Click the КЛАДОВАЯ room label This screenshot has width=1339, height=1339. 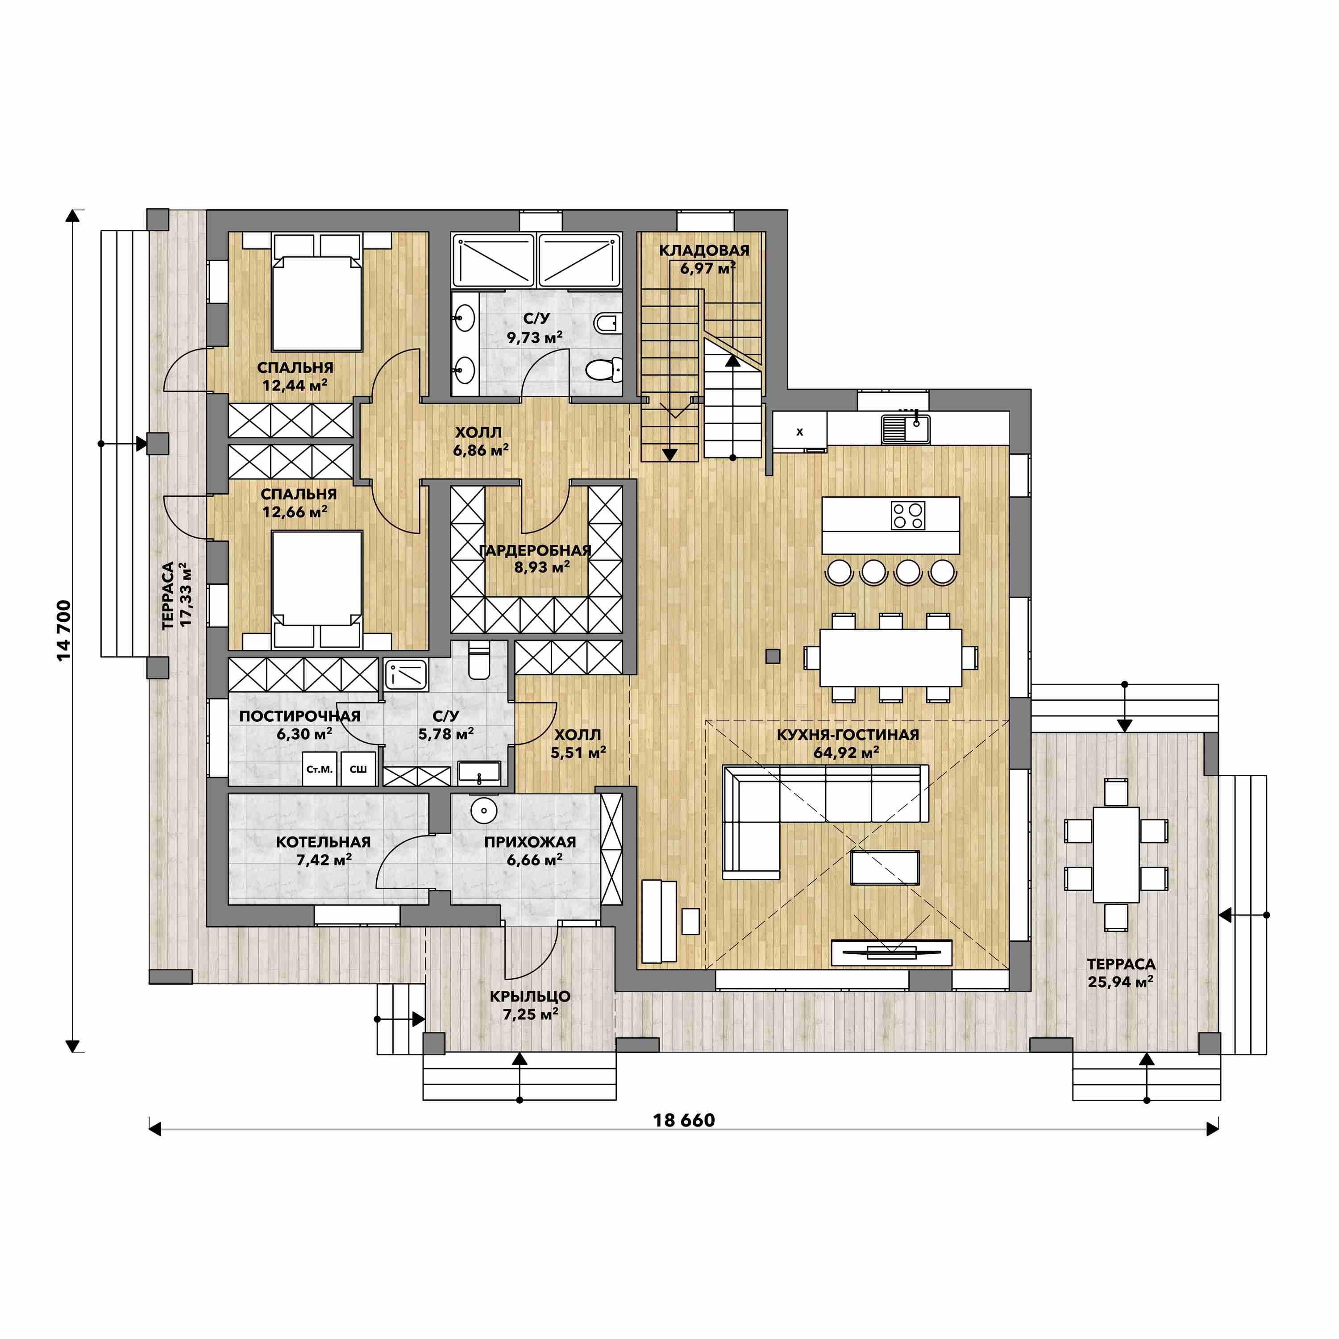(x=704, y=250)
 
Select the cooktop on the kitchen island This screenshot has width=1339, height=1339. (x=908, y=516)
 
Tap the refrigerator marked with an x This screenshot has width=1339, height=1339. (x=800, y=431)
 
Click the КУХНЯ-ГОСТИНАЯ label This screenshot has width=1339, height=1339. (x=848, y=735)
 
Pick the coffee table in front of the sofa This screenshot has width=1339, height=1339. (x=885, y=868)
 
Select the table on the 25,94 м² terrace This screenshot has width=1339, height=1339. (x=1116, y=855)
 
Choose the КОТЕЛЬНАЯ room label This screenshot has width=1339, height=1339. (x=324, y=842)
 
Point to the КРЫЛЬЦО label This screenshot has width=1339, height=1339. (x=530, y=997)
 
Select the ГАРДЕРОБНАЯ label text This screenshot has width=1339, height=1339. (x=535, y=550)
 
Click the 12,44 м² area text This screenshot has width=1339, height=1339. (x=295, y=385)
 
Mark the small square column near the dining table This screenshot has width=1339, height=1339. (x=773, y=656)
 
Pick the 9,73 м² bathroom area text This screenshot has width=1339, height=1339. (x=534, y=337)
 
